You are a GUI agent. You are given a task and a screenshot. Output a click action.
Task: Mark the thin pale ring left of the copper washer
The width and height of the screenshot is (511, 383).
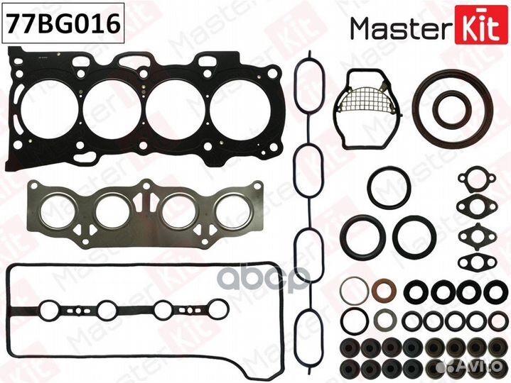click(x=352, y=291)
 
